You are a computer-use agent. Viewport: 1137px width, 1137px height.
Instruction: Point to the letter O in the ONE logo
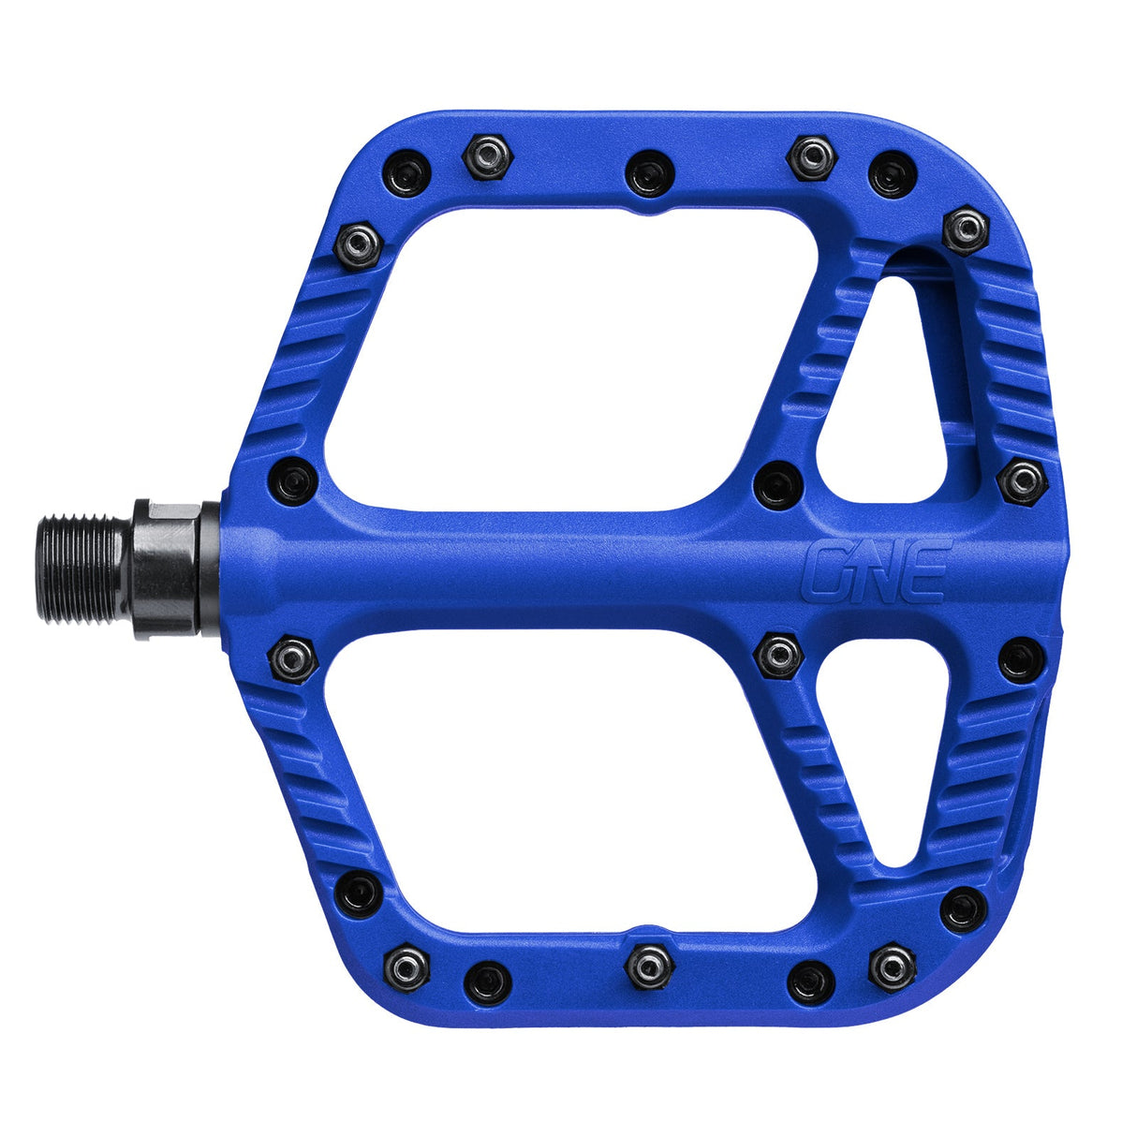tap(828, 571)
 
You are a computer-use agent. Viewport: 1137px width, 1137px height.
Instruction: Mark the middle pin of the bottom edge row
tap(651, 965)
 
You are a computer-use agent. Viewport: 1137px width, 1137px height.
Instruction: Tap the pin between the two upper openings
tap(778, 484)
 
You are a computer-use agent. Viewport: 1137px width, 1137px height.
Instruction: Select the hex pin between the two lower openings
tap(779, 655)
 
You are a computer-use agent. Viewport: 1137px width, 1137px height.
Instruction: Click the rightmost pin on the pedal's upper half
tap(1022, 481)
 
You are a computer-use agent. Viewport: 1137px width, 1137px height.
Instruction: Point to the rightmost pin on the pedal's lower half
tap(1021, 659)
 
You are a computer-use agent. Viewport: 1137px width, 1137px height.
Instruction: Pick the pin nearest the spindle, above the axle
tap(292, 480)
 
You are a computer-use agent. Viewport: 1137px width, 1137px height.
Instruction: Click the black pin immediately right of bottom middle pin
tap(811, 981)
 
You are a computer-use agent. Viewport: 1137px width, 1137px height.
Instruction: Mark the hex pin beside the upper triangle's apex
tap(966, 229)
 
